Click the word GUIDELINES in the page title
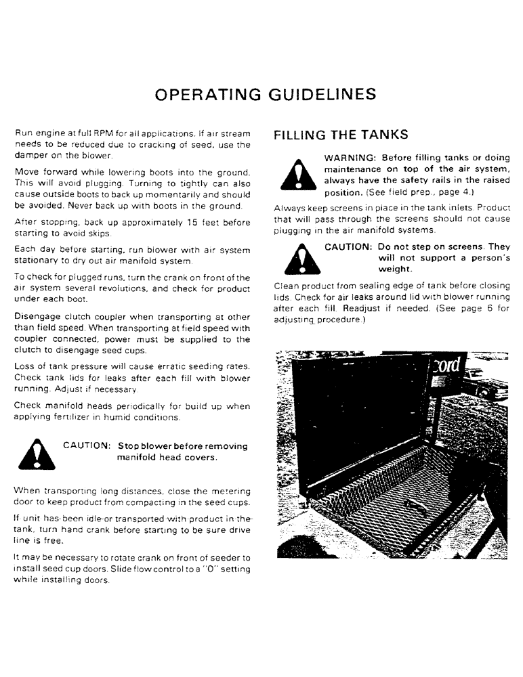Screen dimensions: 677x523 point(320,93)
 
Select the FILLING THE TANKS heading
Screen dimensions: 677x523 point(341,135)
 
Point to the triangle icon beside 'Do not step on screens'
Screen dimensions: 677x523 point(296,260)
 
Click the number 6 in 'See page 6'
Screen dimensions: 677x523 point(488,308)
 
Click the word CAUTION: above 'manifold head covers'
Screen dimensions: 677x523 point(87,447)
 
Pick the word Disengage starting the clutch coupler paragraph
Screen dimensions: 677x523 point(36,316)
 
